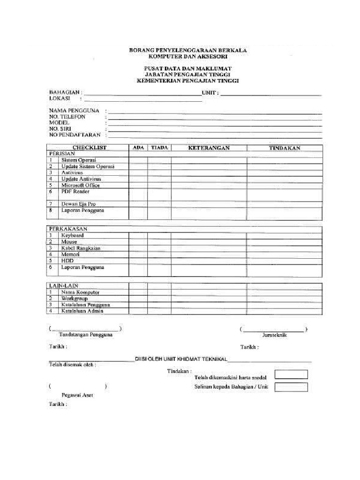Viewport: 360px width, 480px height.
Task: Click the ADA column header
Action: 138,148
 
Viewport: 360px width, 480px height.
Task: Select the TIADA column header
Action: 159,148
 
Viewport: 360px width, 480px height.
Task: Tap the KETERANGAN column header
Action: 209,148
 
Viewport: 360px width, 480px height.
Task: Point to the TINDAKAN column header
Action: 285,148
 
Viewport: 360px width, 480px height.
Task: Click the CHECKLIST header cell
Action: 89,148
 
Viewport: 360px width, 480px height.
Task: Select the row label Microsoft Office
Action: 81,185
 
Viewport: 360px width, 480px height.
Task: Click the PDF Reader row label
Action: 75,192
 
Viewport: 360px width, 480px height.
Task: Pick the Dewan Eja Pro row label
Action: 78,204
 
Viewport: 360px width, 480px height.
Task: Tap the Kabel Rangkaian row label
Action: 81,248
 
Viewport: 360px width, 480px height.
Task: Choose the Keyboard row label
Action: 72,235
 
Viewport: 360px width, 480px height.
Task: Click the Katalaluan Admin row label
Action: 82,310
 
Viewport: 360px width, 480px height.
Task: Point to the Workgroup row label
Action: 74,298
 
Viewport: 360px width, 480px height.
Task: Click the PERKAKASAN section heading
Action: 68,229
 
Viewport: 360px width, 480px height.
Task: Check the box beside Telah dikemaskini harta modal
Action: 291,374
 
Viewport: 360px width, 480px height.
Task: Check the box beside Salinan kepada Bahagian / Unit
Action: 291,387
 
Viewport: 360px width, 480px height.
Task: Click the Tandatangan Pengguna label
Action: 85,335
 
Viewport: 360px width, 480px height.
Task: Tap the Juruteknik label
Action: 274,335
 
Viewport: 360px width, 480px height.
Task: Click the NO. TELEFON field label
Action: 67,117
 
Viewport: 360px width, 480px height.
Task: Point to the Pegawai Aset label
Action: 77,395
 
